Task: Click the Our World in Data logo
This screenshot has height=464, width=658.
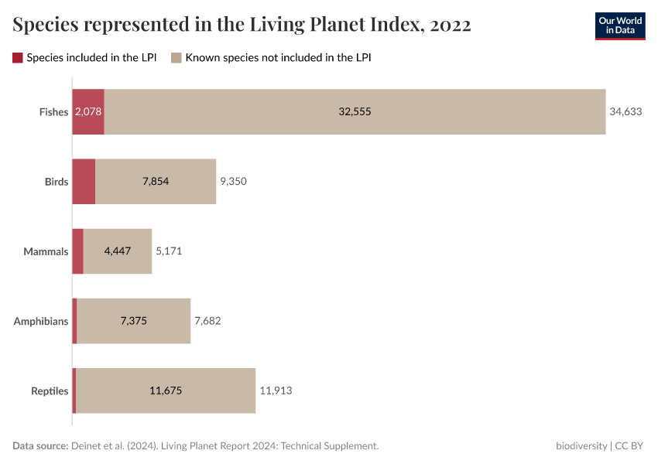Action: pos(619,26)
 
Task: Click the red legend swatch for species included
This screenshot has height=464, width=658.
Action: pos(18,57)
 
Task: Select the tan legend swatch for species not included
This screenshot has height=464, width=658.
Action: pos(176,57)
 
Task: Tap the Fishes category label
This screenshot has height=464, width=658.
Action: pos(54,112)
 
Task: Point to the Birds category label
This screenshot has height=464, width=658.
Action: pos(57,182)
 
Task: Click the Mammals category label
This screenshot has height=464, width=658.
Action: pos(46,251)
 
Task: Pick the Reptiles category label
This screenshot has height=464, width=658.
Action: pos(50,391)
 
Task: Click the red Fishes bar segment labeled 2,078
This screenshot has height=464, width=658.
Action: pos(88,112)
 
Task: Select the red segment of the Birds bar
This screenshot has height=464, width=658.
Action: pos(84,182)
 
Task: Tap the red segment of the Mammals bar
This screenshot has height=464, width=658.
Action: pos(77,251)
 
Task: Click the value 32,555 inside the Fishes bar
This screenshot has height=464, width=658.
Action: pos(355,112)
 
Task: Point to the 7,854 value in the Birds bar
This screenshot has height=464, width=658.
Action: pos(156,182)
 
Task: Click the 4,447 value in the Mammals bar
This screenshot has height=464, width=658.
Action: pos(118,251)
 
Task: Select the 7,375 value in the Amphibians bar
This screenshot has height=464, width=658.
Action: pos(134,321)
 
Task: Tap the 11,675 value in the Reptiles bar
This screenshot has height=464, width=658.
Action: pos(166,391)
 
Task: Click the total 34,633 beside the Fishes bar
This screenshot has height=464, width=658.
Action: pos(625,112)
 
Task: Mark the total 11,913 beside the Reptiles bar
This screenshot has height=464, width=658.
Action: pos(276,391)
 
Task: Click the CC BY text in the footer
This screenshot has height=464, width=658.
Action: pos(629,446)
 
